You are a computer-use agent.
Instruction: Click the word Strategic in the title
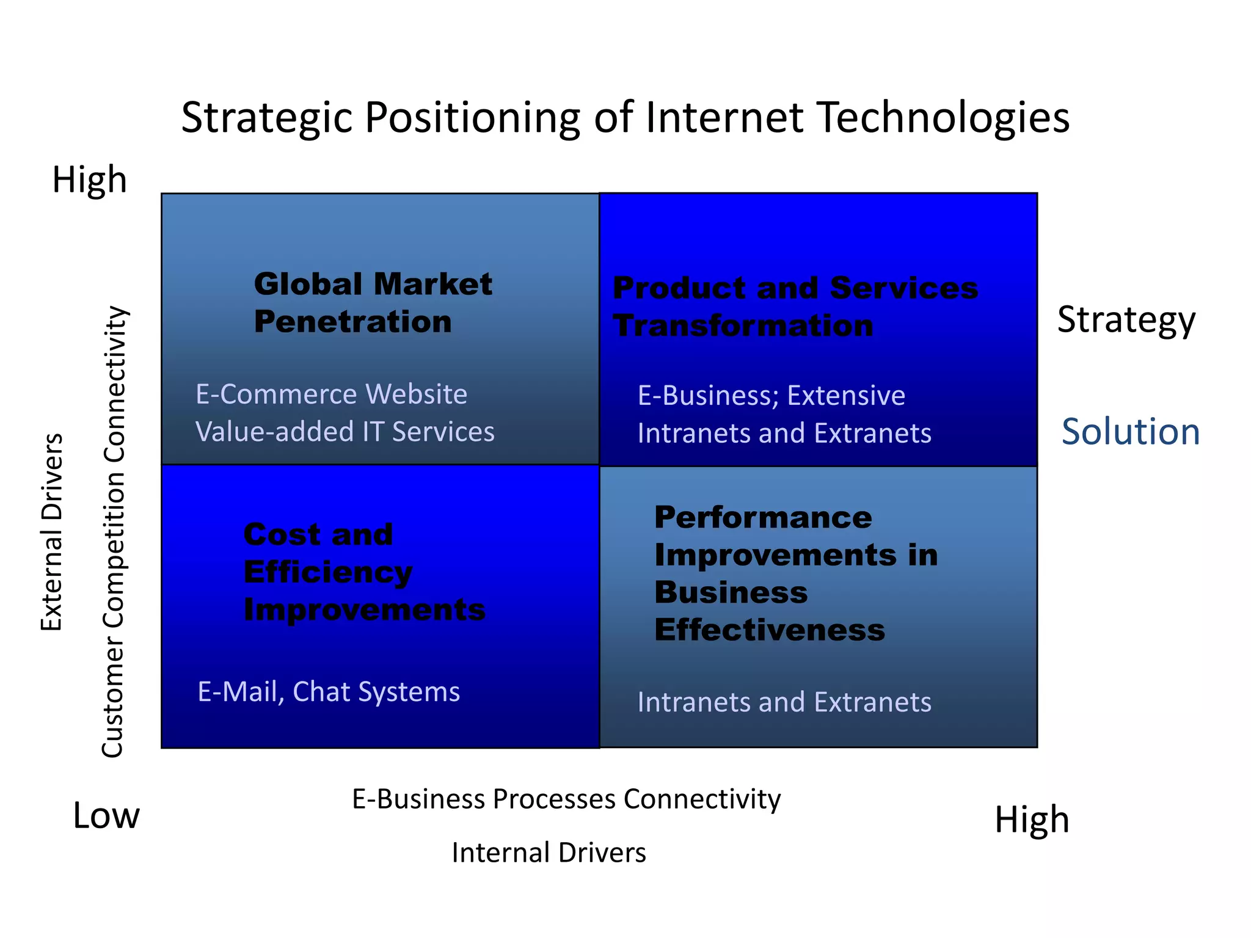(267, 117)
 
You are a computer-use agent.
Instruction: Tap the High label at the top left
(90, 180)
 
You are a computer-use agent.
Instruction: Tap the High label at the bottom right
(1032, 820)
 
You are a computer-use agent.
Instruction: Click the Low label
(106, 816)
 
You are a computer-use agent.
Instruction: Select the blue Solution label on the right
(1131, 432)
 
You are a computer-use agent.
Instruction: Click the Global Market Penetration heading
(373, 303)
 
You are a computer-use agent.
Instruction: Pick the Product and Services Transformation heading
(795, 307)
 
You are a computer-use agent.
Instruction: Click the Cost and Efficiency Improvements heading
(364, 572)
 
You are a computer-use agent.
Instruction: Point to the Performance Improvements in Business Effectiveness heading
(795, 573)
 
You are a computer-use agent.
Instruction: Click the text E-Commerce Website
(331, 394)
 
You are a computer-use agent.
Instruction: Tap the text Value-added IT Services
(345, 432)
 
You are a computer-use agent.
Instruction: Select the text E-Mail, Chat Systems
(329, 692)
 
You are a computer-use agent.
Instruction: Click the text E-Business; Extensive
(771, 396)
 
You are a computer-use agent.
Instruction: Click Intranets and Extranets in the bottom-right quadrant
(784, 702)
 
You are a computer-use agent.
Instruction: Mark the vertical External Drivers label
(52, 531)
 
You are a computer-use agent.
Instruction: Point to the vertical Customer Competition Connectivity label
(114, 531)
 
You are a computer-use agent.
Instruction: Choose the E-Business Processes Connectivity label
(566, 799)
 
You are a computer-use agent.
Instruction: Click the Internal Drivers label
(549, 853)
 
